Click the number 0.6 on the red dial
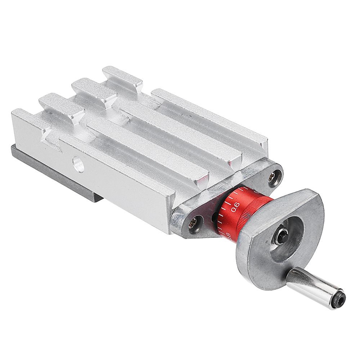[235, 208]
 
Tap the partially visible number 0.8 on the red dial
[229, 234]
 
